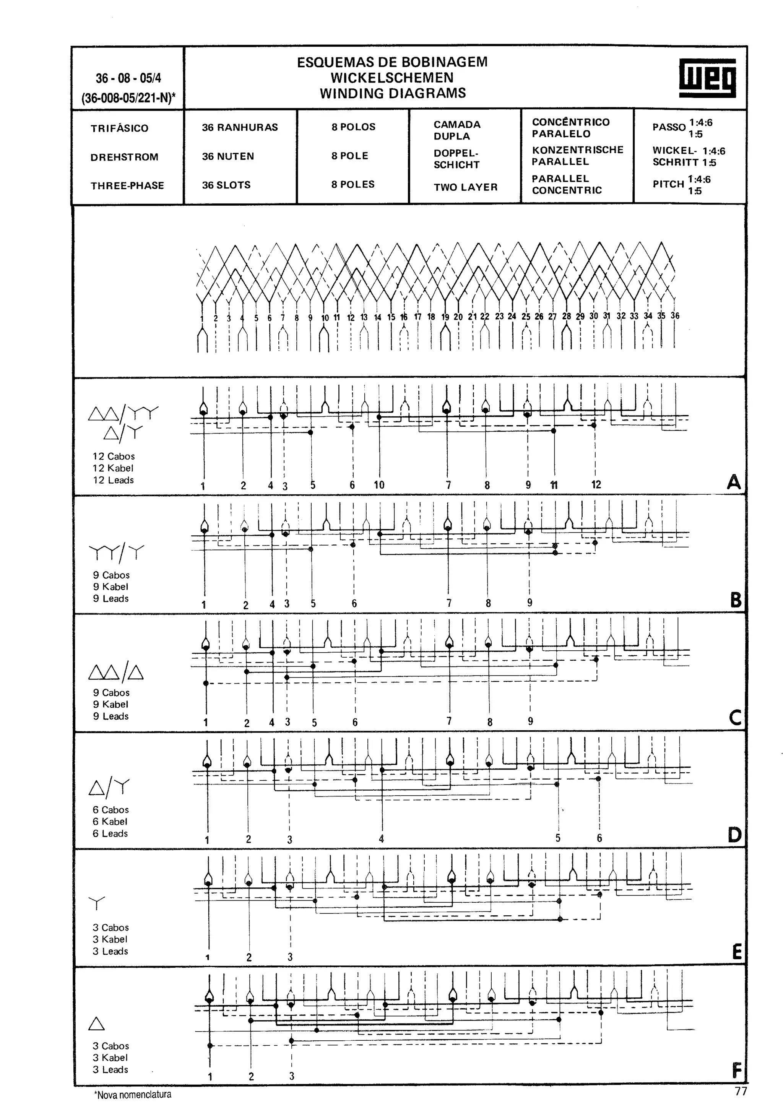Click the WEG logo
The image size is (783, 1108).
coord(707,78)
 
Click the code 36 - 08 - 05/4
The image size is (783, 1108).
coord(128,78)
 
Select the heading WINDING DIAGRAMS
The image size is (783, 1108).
coord(393,93)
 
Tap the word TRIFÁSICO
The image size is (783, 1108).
coord(119,128)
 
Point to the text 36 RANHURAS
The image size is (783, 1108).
coord(240,127)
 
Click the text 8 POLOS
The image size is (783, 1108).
coord(353,127)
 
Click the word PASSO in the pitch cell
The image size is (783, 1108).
coord(669,127)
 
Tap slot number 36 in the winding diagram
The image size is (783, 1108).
coord(675,315)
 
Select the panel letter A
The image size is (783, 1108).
coord(733,482)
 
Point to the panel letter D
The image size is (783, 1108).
coord(734,835)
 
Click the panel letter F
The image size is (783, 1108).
coord(736,1071)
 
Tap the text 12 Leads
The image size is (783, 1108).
coord(114,480)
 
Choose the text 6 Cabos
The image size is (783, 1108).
coord(110,810)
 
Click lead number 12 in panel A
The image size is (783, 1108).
coord(596,484)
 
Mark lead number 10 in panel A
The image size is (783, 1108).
coord(379,484)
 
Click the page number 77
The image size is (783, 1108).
coord(741,1091)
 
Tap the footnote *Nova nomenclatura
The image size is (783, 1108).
coord(133,1095)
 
